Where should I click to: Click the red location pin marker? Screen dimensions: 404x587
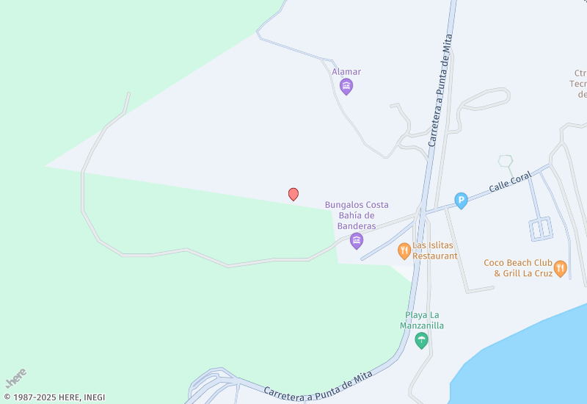pyautogui.click(x=293, y=194)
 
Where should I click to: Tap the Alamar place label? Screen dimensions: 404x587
pyautogui.click(x=346, y=72)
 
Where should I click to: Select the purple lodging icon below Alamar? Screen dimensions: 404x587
pyautogui.click(x=346, y=87)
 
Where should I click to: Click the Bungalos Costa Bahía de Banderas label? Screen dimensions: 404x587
pyautogui.click(x=357, y=215)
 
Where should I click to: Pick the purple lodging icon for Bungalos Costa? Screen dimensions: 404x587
pyautogui.click(x=357, y=241)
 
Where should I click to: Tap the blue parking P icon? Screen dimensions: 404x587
pyautogui.click(x=461, y=200)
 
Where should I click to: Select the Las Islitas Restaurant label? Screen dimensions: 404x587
pyautogui.click(x=434, y=250)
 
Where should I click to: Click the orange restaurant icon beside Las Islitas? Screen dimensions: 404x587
pyautogui.click(x=404, y=250)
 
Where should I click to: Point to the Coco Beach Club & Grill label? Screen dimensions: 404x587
pyautogui.click(x=517, y=268)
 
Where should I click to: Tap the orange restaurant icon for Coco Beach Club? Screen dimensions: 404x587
pyautogui.click(x=561, y=268)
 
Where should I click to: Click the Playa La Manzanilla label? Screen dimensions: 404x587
pyautogui.click(x=422, y=320)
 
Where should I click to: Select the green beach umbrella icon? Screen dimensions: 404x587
pyautogui.click(x=421, y=340)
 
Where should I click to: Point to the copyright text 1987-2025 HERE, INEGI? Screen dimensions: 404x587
pyautogui.click(x=54, y=397)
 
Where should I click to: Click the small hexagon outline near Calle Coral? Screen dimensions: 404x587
pyautogui.click(x=505, y=161)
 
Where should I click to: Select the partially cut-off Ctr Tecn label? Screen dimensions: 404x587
pyautogui.click(x=580, y=84)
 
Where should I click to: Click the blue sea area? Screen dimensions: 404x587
pyautogui.click(x=528, y=360)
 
